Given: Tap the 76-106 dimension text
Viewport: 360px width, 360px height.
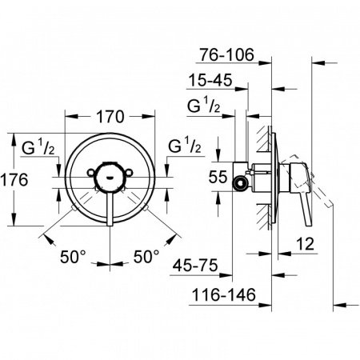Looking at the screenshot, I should (x=226, y=55).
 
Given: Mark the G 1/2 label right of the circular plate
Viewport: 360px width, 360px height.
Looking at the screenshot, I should (x=183, y=148).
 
